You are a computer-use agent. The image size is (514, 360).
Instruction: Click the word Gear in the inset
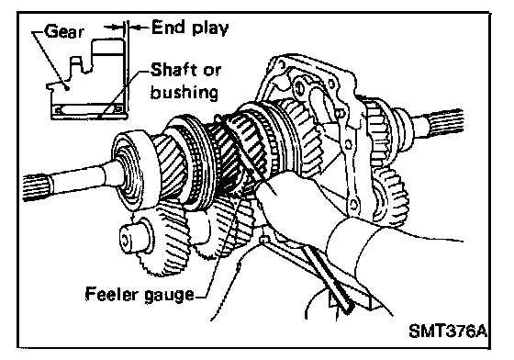click(x=64, y=32)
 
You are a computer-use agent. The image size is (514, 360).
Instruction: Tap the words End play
click(x=190, y=28)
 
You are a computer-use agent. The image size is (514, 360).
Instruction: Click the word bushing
click(x=184, y=93)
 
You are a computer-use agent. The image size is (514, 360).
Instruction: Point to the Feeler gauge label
click(x=140, y=295)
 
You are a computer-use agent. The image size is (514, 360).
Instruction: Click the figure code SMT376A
click(x=448, y=332)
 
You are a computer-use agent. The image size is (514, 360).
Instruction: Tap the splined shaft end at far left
click(x=36, y=187)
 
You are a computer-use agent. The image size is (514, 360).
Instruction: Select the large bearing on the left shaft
click(x=131, y=169)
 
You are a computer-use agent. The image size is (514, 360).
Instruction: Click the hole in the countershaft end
click(x=126, y=239)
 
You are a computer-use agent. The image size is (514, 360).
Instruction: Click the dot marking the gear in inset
click(x=67, y=87)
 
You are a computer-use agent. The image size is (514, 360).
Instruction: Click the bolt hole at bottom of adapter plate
click(x=353, y=205)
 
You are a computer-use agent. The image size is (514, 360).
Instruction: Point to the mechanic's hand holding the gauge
click(x=292, y=207)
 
